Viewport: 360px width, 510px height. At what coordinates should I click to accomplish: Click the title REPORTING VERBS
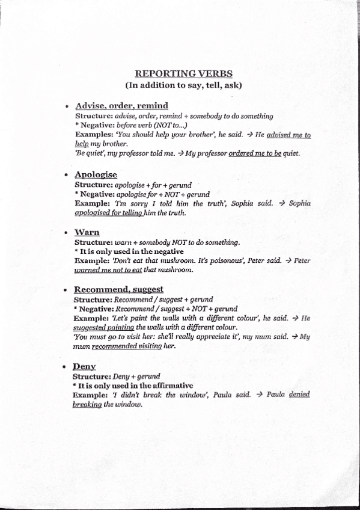(x=180, y=74)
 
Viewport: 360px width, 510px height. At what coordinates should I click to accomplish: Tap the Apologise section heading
(x=96, y=174)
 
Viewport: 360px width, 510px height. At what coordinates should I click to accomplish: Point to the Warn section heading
(x=87, y=232)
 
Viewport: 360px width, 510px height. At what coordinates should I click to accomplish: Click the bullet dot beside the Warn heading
(x=66, y=233)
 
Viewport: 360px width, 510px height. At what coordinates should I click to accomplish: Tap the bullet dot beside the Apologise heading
(x=66, y=175)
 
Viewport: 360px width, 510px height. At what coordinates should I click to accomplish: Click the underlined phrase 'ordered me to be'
(x=255, y=153)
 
